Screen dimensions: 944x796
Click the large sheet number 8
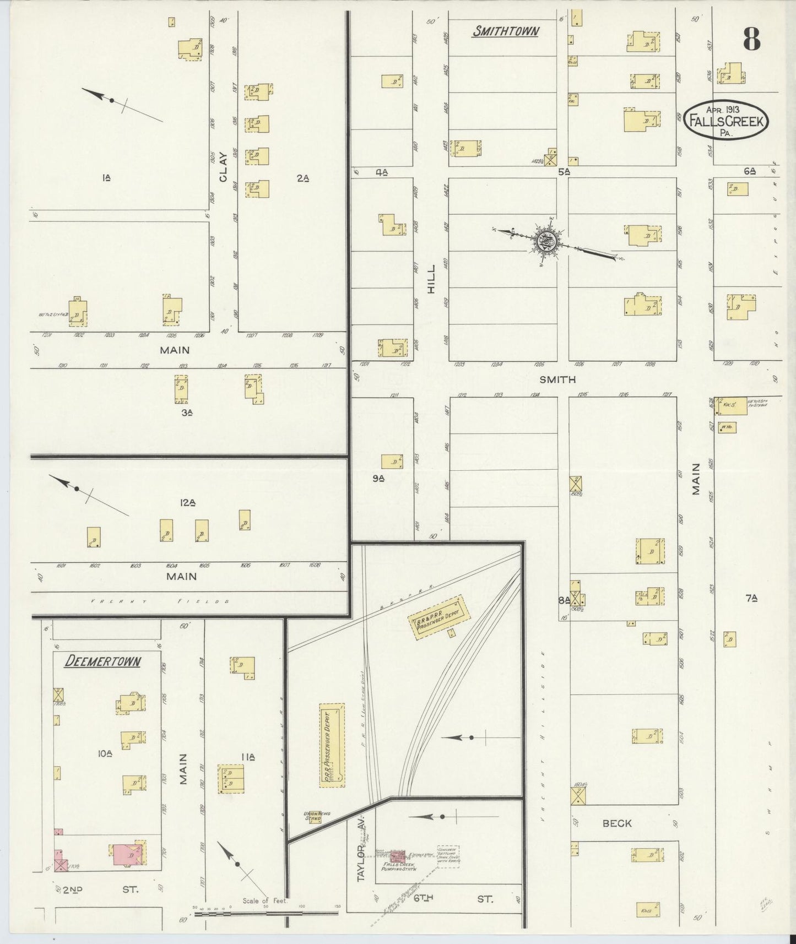751,38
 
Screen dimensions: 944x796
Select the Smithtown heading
505,31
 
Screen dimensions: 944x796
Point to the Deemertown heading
102,661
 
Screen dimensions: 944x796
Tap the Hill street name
431,278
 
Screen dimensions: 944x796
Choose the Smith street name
557,379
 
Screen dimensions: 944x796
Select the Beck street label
617,823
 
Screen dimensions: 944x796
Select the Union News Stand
313,816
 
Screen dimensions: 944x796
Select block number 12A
188,502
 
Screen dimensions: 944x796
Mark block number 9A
378,479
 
